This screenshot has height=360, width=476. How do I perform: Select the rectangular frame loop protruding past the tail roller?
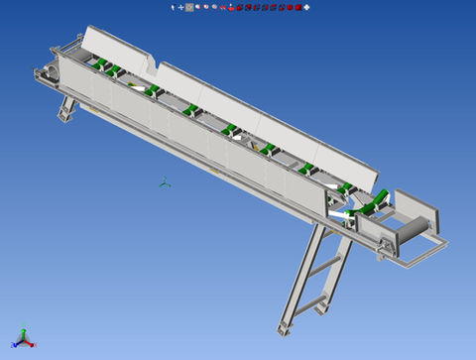pyautogui.click(x=421, y=256)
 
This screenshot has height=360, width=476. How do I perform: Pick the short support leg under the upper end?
pyautogui.click(x=67, y=107)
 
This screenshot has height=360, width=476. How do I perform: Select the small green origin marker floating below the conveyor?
pyautogui.click(x=165, y=182)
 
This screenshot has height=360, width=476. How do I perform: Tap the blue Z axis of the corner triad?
pyautogui.click(x=21, y=333)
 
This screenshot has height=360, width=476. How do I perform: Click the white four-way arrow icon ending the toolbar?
pyautogui.click(x=306, y=7)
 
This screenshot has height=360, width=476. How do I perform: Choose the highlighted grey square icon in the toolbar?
pyautogui.click(x=189, y=7)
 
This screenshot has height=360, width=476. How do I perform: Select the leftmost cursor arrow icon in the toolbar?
pyautogui.click(x=173, y=7)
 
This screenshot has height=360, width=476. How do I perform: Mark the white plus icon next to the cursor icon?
pyautogui.click(x=180, y=7)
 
